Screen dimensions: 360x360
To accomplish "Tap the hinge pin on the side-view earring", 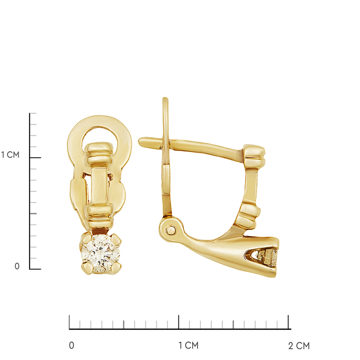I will [x=170, y=229].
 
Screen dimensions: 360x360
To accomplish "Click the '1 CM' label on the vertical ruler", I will [x=10, y=155].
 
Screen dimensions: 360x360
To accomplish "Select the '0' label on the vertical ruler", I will [x=17, y=266].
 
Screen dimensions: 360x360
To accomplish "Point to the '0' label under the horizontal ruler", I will [x=72, y=346].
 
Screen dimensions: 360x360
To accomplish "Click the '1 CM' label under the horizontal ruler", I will [x=188, y=346].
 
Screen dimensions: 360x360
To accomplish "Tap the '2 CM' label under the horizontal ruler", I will [x=299, y=346].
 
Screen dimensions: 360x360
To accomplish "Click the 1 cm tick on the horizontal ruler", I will [x=179, y=322].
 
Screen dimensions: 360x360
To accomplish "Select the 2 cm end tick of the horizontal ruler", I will [x=289, y=322].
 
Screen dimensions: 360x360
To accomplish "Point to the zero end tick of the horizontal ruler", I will [x=69, y=322].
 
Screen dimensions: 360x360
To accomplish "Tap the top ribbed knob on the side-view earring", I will [x=254, y=154].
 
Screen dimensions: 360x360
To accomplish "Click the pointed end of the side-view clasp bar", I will [x=142, y=141].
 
